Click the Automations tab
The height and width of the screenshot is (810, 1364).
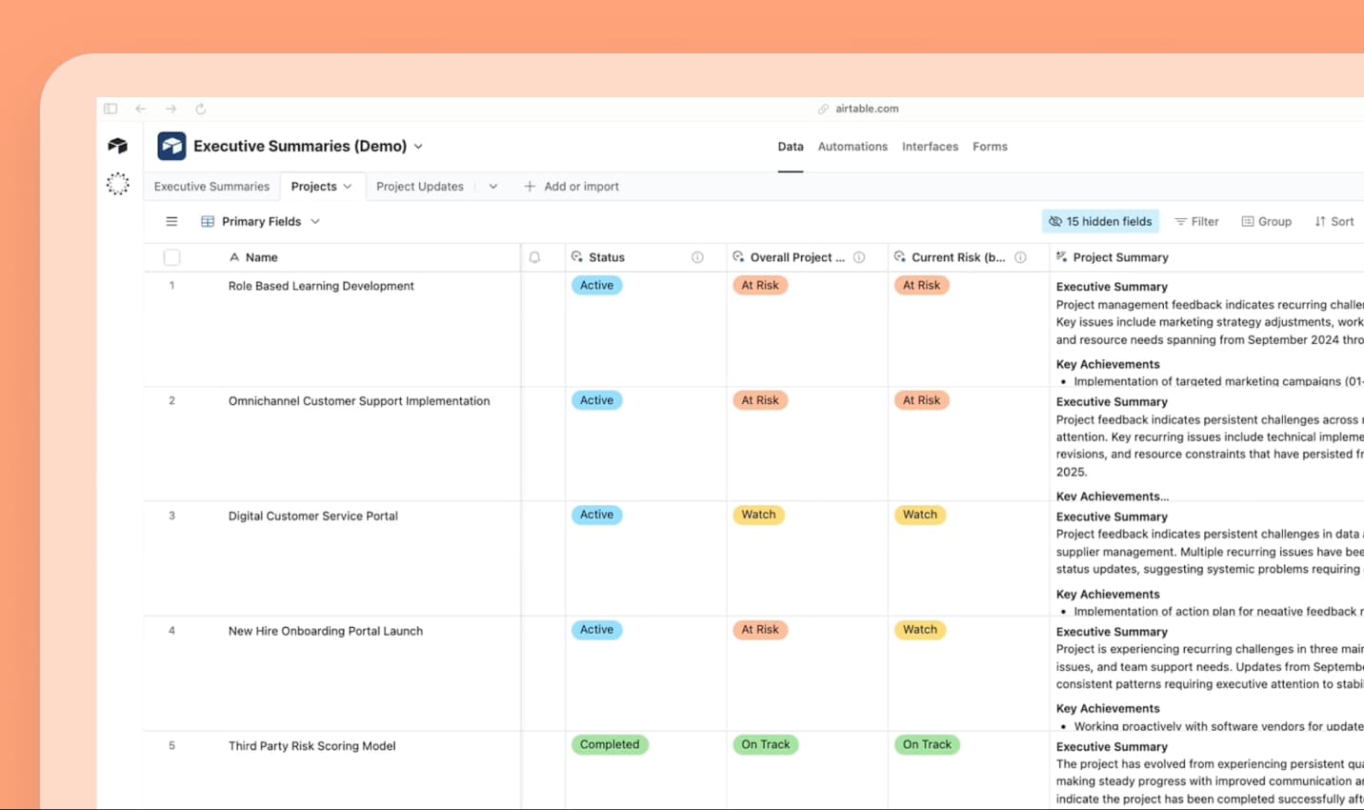coord(852,147)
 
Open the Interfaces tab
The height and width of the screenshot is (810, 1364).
coord(930,147)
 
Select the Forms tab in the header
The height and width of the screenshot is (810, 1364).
coord(990,147)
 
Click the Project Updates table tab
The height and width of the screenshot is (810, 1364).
coord(419,187)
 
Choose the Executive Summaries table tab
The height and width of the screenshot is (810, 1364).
coord(211,187)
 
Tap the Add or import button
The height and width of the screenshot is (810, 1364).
coord(572,187)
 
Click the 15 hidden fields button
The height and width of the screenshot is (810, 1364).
coord(1100,222)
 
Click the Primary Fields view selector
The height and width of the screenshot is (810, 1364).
coord(261,222)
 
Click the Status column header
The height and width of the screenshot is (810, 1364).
coord(607,257)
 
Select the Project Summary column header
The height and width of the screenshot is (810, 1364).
coord(1120,257)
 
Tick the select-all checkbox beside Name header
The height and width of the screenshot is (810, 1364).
coord(171,257)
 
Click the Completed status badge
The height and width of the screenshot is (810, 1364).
coord(610,745)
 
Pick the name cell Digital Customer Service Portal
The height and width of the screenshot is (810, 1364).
coord(313,516)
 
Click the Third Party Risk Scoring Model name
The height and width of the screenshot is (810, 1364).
coord(311,746)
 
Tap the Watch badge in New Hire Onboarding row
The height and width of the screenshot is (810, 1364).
coord(919,630)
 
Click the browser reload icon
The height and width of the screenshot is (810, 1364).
coord(200,109)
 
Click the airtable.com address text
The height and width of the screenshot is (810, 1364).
coord(866,109)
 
